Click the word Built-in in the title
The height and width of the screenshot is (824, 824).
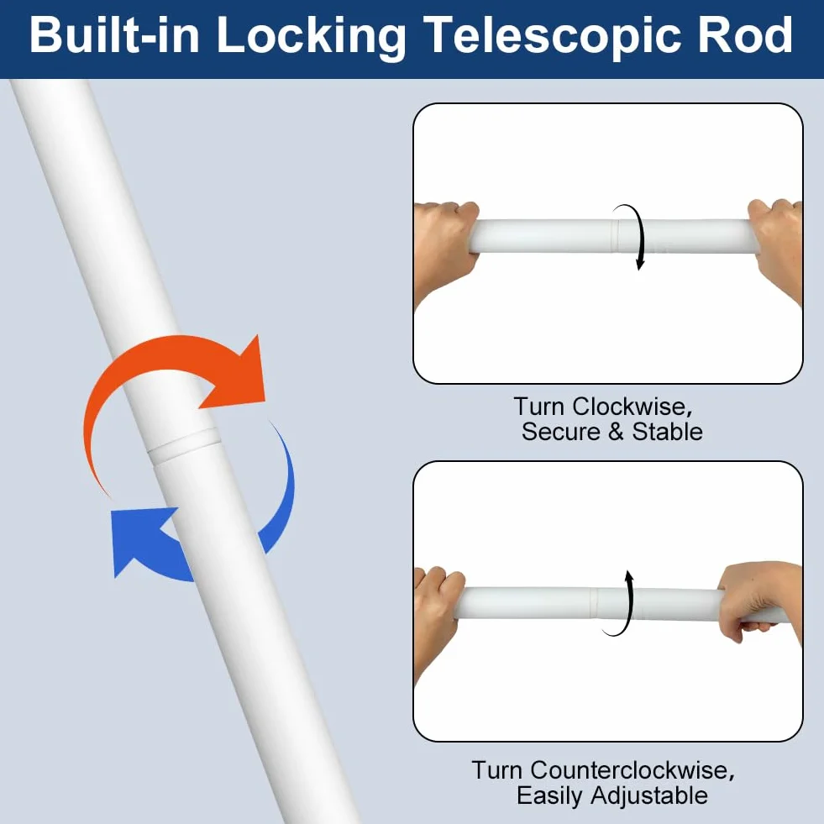click(x=114, y=34)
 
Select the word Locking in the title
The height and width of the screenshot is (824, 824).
click(x=311, y=38)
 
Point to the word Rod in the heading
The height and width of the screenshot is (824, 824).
click(x=745, y=34)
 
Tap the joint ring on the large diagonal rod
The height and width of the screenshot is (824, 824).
click(x=183, y=445)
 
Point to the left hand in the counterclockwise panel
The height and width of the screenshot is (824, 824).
click(x=438, y=615)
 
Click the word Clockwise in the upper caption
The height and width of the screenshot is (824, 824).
click(x=632, y=407)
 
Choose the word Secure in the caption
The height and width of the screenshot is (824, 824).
click(x=561, y=432)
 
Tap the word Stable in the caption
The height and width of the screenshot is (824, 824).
click(x=667, y=432)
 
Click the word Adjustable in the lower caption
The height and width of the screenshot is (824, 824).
click(x=649, y=796)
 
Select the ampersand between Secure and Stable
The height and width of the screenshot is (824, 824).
click(x=616, y=432)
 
